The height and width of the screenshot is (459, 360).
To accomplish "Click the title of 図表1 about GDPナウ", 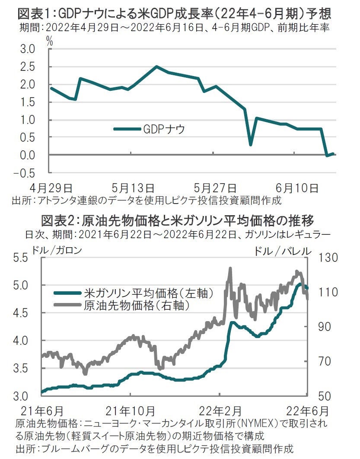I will (x=174, y=14).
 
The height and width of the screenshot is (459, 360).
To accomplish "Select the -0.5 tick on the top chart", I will (x=26, y=172).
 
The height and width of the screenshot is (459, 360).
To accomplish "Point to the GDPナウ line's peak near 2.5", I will (x=156, y=67).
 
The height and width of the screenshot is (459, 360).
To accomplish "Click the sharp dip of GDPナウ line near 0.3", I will (x=250, y=144).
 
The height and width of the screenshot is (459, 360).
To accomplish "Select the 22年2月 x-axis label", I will (x=220, y=409).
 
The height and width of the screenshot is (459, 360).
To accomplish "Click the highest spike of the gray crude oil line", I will (x=230, y=268).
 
